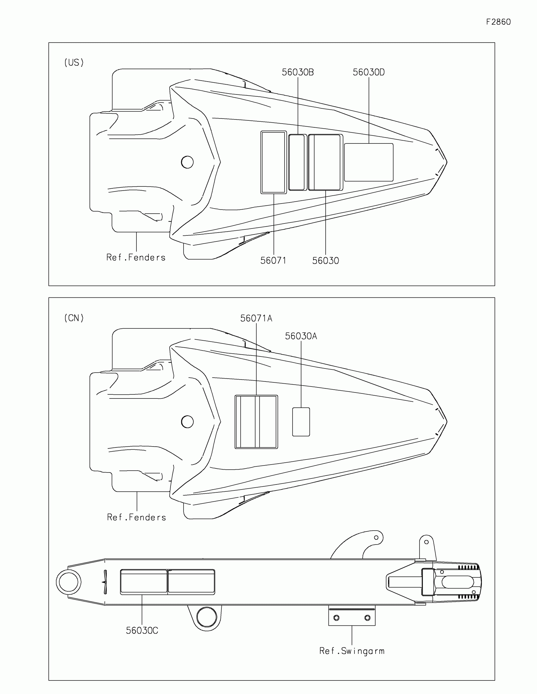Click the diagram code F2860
498,22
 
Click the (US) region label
74,63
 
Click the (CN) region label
74,318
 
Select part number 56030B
298,72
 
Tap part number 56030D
368,72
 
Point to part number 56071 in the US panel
273,261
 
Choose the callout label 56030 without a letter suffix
325,261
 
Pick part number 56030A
301,336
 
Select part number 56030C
142,630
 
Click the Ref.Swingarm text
352,651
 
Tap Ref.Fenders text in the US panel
136,257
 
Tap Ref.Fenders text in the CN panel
136,517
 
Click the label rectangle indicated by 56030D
369,162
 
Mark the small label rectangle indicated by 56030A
301,422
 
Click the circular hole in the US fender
187,162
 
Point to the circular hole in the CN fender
187,422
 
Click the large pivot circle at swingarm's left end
69,582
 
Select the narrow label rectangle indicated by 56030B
297,162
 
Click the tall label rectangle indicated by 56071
274,162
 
